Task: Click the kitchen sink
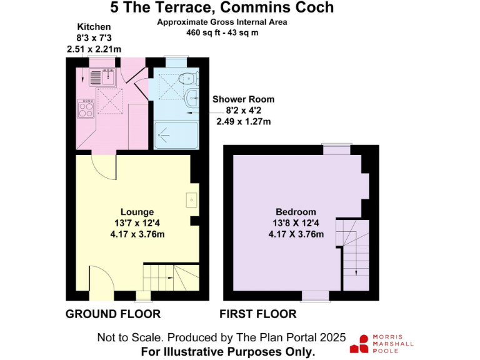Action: [102, 77]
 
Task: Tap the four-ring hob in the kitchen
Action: [86, 108]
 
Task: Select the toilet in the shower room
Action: [189, 79]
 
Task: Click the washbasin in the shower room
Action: [192, 98]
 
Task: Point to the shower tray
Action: [176, 135]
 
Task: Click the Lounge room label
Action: [137, 212]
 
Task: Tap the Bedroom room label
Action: [296, 212]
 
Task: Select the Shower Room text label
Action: [243, 99]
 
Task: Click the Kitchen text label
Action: [94, 27]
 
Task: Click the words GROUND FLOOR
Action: [113, 314]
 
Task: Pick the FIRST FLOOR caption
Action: [258, 314]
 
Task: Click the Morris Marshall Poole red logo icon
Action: [359, 344]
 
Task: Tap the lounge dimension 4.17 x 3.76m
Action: [137, 234]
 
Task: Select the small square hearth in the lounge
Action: [192, 200]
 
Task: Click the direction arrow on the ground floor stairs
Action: [170, 277]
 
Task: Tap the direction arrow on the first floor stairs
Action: [356, 270]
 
